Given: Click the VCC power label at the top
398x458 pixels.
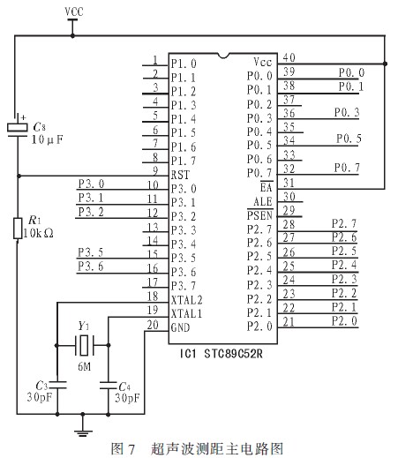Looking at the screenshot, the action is [74, 11].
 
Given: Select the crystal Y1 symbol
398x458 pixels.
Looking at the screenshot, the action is [84, 345].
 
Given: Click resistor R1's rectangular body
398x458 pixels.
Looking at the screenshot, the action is [18, 229].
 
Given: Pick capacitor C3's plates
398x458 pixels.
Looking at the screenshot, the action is [57, 386].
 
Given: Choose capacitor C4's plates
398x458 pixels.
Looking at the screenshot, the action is [109, 386].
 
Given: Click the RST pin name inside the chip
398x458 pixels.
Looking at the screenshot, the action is [180, 175].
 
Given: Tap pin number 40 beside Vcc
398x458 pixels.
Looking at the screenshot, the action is [289, 57].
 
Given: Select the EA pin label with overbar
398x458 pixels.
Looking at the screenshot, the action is [267, 187].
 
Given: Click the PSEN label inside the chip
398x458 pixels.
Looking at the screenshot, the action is [260, 215].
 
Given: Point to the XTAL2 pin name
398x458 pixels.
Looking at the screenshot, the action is [187, 300].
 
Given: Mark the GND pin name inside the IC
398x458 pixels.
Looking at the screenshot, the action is [180, 327].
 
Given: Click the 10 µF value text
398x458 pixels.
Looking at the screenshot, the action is [48, 139].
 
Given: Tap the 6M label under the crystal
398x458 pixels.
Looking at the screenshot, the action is [84, 366].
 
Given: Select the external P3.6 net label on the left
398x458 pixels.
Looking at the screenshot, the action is [91, 267].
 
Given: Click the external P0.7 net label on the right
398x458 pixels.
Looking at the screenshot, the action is [347, 168].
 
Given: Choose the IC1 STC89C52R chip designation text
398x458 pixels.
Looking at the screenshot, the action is [222, 353].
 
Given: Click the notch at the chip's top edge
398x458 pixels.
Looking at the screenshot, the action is [223, 56].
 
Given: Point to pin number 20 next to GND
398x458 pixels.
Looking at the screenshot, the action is [153, 325].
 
